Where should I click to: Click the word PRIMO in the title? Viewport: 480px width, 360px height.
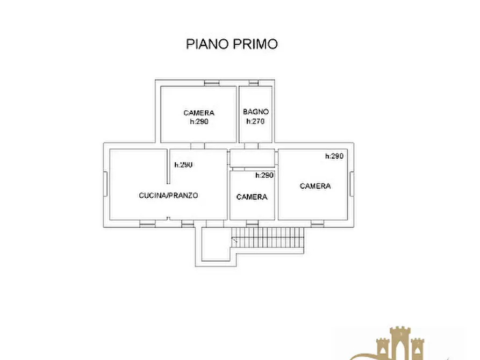point(255,44)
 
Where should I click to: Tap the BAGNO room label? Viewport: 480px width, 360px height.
point(256,112)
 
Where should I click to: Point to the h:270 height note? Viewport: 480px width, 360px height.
point(255,121)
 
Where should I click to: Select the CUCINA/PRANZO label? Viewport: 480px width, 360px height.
point(168,195)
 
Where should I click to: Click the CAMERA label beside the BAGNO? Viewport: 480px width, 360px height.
point(199,113)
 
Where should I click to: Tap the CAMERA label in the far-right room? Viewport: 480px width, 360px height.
point(316,186)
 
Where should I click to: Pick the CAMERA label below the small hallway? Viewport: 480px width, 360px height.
point(252,197)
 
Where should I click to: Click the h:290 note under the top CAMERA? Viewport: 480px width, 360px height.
point(199,121)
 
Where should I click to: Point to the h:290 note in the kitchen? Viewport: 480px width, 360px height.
point(183,165)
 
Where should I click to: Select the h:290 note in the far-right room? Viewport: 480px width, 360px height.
point(334,156)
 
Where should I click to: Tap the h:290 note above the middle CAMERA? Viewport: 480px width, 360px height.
point(264,175)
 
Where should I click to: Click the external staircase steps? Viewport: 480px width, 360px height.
point(268,237)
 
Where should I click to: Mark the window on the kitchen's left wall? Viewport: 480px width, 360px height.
point(105,184)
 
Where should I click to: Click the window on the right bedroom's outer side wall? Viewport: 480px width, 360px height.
point(352,184)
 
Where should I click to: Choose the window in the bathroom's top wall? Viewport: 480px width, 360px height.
point(254,83)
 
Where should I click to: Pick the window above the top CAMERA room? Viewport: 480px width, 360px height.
point(212,83)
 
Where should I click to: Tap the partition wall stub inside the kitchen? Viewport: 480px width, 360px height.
point(168,167)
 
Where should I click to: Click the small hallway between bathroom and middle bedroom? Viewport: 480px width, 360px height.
point(252,158)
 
